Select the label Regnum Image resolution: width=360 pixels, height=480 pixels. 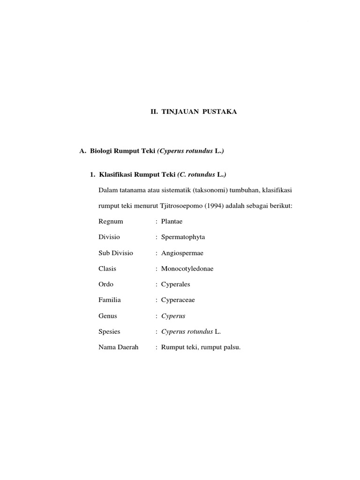[110, 221]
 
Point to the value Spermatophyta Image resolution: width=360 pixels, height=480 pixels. [183, 237]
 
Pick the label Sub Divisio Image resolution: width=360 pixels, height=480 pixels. [116, 253]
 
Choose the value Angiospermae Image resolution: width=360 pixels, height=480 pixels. [182, 253]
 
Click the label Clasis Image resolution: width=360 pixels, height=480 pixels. [107, 269]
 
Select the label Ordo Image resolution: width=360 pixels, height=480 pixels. [106, 284]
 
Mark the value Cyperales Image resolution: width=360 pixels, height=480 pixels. [176, 284]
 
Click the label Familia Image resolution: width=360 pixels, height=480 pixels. [110, 300]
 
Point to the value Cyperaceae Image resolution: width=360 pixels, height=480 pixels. [179, 300]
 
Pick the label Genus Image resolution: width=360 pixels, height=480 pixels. [108, 316]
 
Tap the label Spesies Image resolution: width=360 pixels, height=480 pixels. [110, 331]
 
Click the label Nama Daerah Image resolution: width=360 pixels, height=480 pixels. [119, 347]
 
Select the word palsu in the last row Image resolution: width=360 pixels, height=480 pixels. [231, 347]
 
